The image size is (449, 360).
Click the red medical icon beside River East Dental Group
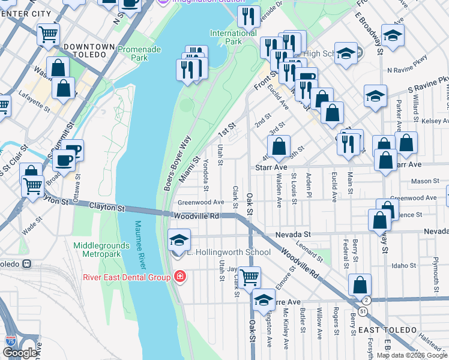179,276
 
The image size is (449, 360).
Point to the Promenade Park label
133,54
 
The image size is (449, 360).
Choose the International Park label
234,37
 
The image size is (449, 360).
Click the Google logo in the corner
19,353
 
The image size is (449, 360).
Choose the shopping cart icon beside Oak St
250,277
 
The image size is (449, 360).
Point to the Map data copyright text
411,355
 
